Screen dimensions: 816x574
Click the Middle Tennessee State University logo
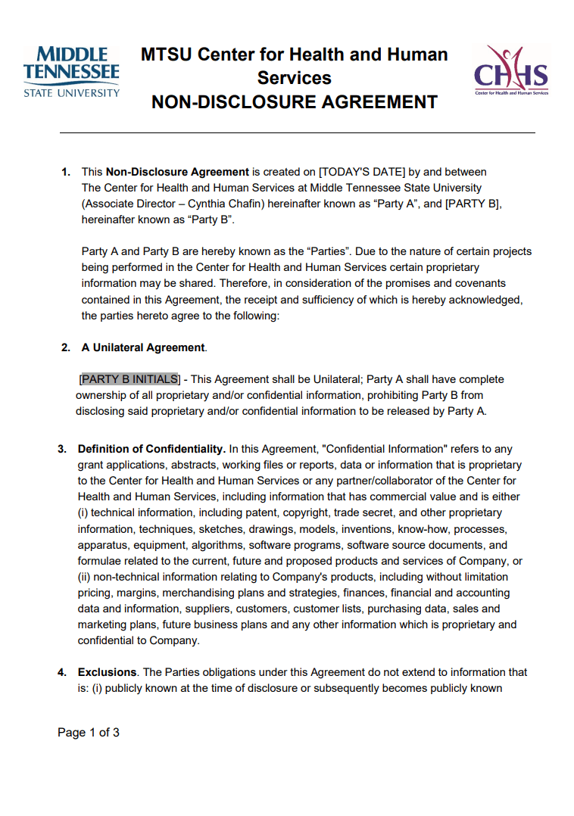click(71, 72)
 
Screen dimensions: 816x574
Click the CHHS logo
click(511, 70)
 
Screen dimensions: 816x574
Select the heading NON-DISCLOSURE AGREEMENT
click(295, 102)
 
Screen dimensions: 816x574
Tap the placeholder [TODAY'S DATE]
click(362, 172)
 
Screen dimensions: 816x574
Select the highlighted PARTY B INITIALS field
click(129, 379)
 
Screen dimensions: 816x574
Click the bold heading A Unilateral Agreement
click(143, 347)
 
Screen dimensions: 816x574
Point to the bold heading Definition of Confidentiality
click(151, 449)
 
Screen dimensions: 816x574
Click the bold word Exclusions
click(107, 672)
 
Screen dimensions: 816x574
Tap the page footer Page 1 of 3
click(89, 733)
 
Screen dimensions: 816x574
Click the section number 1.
click(66, 172)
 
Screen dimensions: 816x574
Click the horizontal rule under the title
click(298, 133)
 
